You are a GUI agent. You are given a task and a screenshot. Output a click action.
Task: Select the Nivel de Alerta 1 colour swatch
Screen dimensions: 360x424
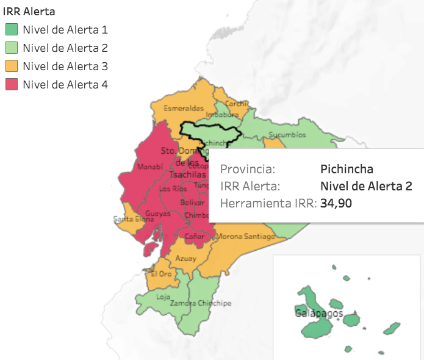(11, 29)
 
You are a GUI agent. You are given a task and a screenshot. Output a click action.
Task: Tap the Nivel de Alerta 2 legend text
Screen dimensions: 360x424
(65, 48)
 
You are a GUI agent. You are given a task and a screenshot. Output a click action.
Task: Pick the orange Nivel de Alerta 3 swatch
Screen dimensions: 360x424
(11, 66)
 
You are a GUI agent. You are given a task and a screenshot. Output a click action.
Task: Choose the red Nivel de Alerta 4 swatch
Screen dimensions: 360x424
(11, 85)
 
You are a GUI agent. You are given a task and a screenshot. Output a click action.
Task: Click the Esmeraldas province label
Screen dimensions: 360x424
(183, 108)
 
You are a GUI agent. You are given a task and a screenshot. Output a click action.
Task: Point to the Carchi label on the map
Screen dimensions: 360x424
(237, 104)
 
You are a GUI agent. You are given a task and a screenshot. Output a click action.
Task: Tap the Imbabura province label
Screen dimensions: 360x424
(222, 114)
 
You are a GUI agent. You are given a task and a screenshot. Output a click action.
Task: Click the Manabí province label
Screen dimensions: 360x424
(151, 167)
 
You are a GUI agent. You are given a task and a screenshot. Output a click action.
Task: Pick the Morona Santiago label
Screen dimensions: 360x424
(246, 236)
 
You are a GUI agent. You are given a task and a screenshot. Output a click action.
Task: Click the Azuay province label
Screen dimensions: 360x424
(186, 259)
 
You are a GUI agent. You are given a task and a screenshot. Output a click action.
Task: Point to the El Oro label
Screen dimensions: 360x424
(161, 274)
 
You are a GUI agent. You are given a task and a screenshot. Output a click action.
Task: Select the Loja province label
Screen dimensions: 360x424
(163, 297)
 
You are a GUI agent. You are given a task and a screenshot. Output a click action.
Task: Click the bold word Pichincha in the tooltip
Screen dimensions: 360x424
(346, 169)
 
